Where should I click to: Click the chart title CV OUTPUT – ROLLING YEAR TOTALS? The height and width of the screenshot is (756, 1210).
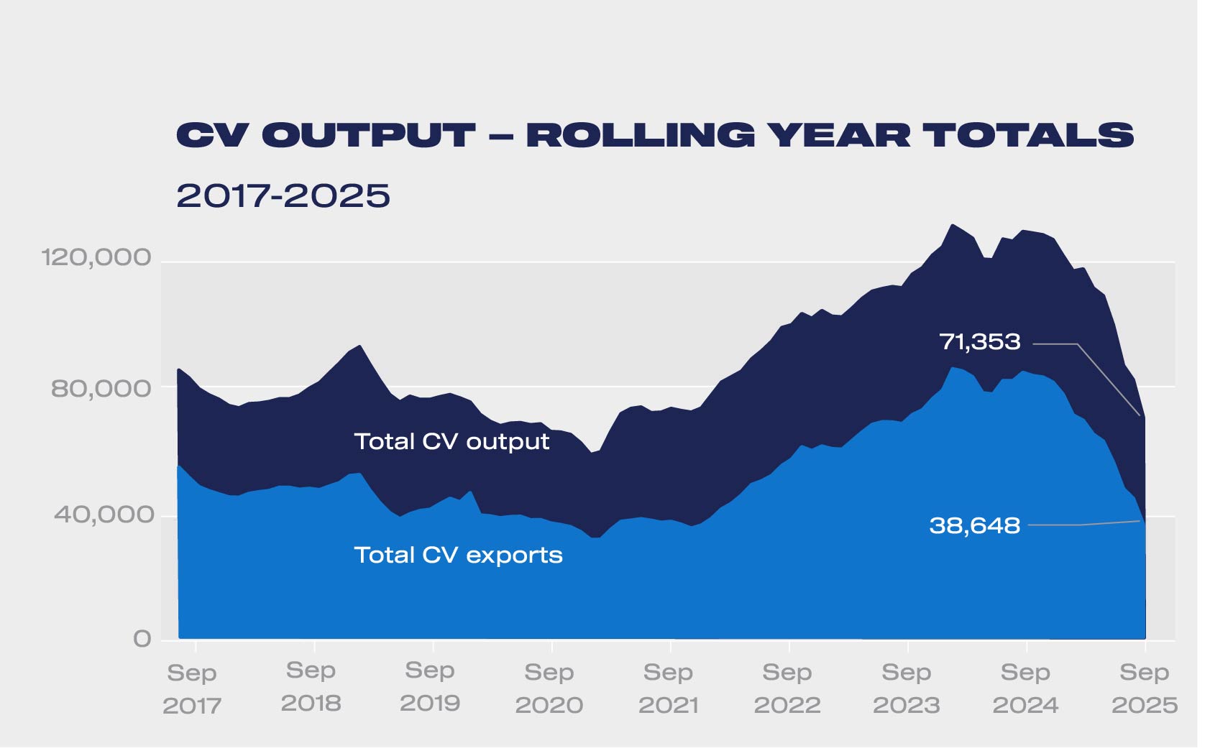654,135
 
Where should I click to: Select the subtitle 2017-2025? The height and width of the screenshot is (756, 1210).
283,195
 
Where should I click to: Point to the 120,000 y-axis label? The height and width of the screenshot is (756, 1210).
96,257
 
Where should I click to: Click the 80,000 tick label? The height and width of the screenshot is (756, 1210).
101,389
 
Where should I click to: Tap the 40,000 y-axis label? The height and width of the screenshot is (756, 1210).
104,515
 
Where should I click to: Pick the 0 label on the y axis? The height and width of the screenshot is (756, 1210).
142,639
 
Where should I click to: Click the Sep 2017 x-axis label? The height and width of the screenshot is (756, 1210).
192,688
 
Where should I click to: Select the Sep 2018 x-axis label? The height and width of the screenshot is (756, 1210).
311,687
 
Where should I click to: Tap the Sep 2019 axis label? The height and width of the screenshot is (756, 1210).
430,687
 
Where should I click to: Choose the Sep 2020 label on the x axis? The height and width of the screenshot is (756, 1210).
549,688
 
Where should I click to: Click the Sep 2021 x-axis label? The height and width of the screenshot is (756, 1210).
669,688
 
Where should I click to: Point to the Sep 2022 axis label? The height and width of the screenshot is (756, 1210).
787,688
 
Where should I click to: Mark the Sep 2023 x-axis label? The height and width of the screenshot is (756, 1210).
907,688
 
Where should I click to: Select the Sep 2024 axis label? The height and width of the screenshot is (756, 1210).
1026,688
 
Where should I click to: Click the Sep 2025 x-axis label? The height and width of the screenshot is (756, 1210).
1145,688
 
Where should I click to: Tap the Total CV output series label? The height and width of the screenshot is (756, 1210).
452,441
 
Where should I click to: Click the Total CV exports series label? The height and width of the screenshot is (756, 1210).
458,555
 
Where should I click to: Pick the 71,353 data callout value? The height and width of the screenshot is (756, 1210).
980,341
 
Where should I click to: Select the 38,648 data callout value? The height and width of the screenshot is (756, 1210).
974,525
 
